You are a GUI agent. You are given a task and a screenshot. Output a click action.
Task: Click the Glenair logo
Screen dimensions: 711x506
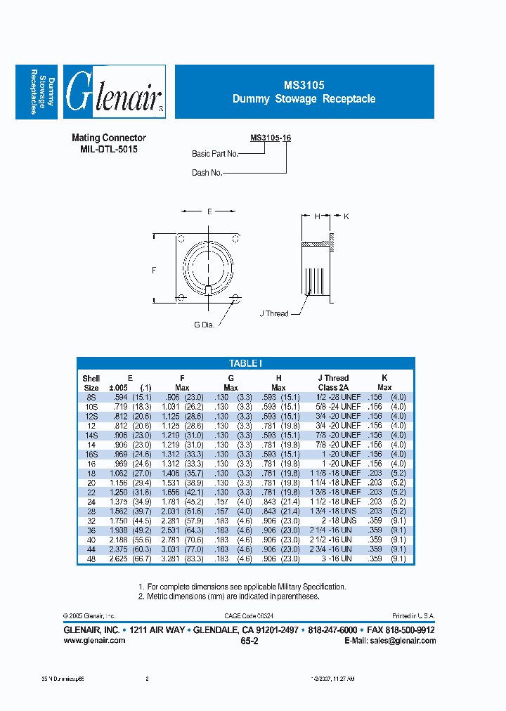pyautogui.click(x=114, y=91)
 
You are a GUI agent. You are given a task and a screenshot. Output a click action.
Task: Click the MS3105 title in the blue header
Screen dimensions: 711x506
pyautogui.click(x=304, y=85)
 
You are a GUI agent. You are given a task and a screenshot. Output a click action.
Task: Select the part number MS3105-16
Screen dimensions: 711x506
pyautogui.click(x=271, y=138)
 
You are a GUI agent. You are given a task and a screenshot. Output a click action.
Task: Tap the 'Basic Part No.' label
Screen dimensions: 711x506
pyautogui.click(x=215, y=154)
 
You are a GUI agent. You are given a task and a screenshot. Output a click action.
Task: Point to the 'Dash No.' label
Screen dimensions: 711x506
pyautogui.click(x=207, y=172)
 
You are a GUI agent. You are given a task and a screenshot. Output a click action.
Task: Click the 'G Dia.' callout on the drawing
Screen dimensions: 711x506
pyautogui.click(x=205, y=324)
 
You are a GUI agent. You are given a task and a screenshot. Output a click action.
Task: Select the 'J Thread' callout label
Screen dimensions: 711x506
pyautogui.click(x=274, y=313)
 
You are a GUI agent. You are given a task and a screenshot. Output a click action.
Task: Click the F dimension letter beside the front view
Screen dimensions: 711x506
pyautogui.click(x=154, y=269)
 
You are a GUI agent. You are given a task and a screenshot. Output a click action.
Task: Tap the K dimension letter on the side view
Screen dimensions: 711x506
pyautogui.click(x=346, y=216)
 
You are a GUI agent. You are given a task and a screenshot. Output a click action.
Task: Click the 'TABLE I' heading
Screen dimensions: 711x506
pyautogui.click(x=245, y=363)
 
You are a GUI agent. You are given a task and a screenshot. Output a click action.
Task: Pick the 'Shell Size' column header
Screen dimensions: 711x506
pyautogui.click(x=91, y=383)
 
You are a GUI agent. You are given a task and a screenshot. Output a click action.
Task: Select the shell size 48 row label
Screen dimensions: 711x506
pyautogui.click(x=91, y=559)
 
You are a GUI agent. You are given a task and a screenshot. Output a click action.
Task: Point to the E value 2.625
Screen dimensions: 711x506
pyautogui.click(x=120, y=559)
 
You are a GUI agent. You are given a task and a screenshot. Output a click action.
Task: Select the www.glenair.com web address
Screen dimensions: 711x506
pyautogui.click(x=94, y=640)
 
